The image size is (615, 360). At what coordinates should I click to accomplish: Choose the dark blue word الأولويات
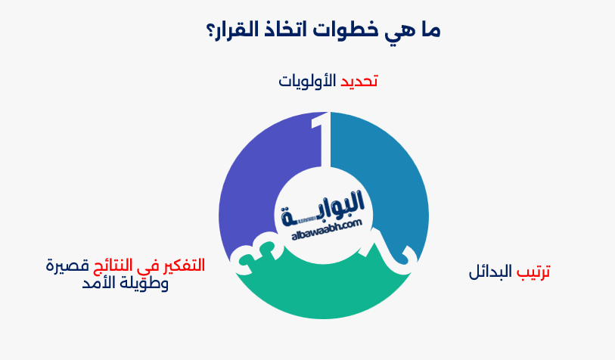click(307, 81)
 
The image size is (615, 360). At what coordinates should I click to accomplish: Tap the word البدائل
click(490, 272)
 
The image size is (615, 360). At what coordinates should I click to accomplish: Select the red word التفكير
click(181, 265)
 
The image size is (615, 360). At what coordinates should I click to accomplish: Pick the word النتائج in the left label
click(120, 265)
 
